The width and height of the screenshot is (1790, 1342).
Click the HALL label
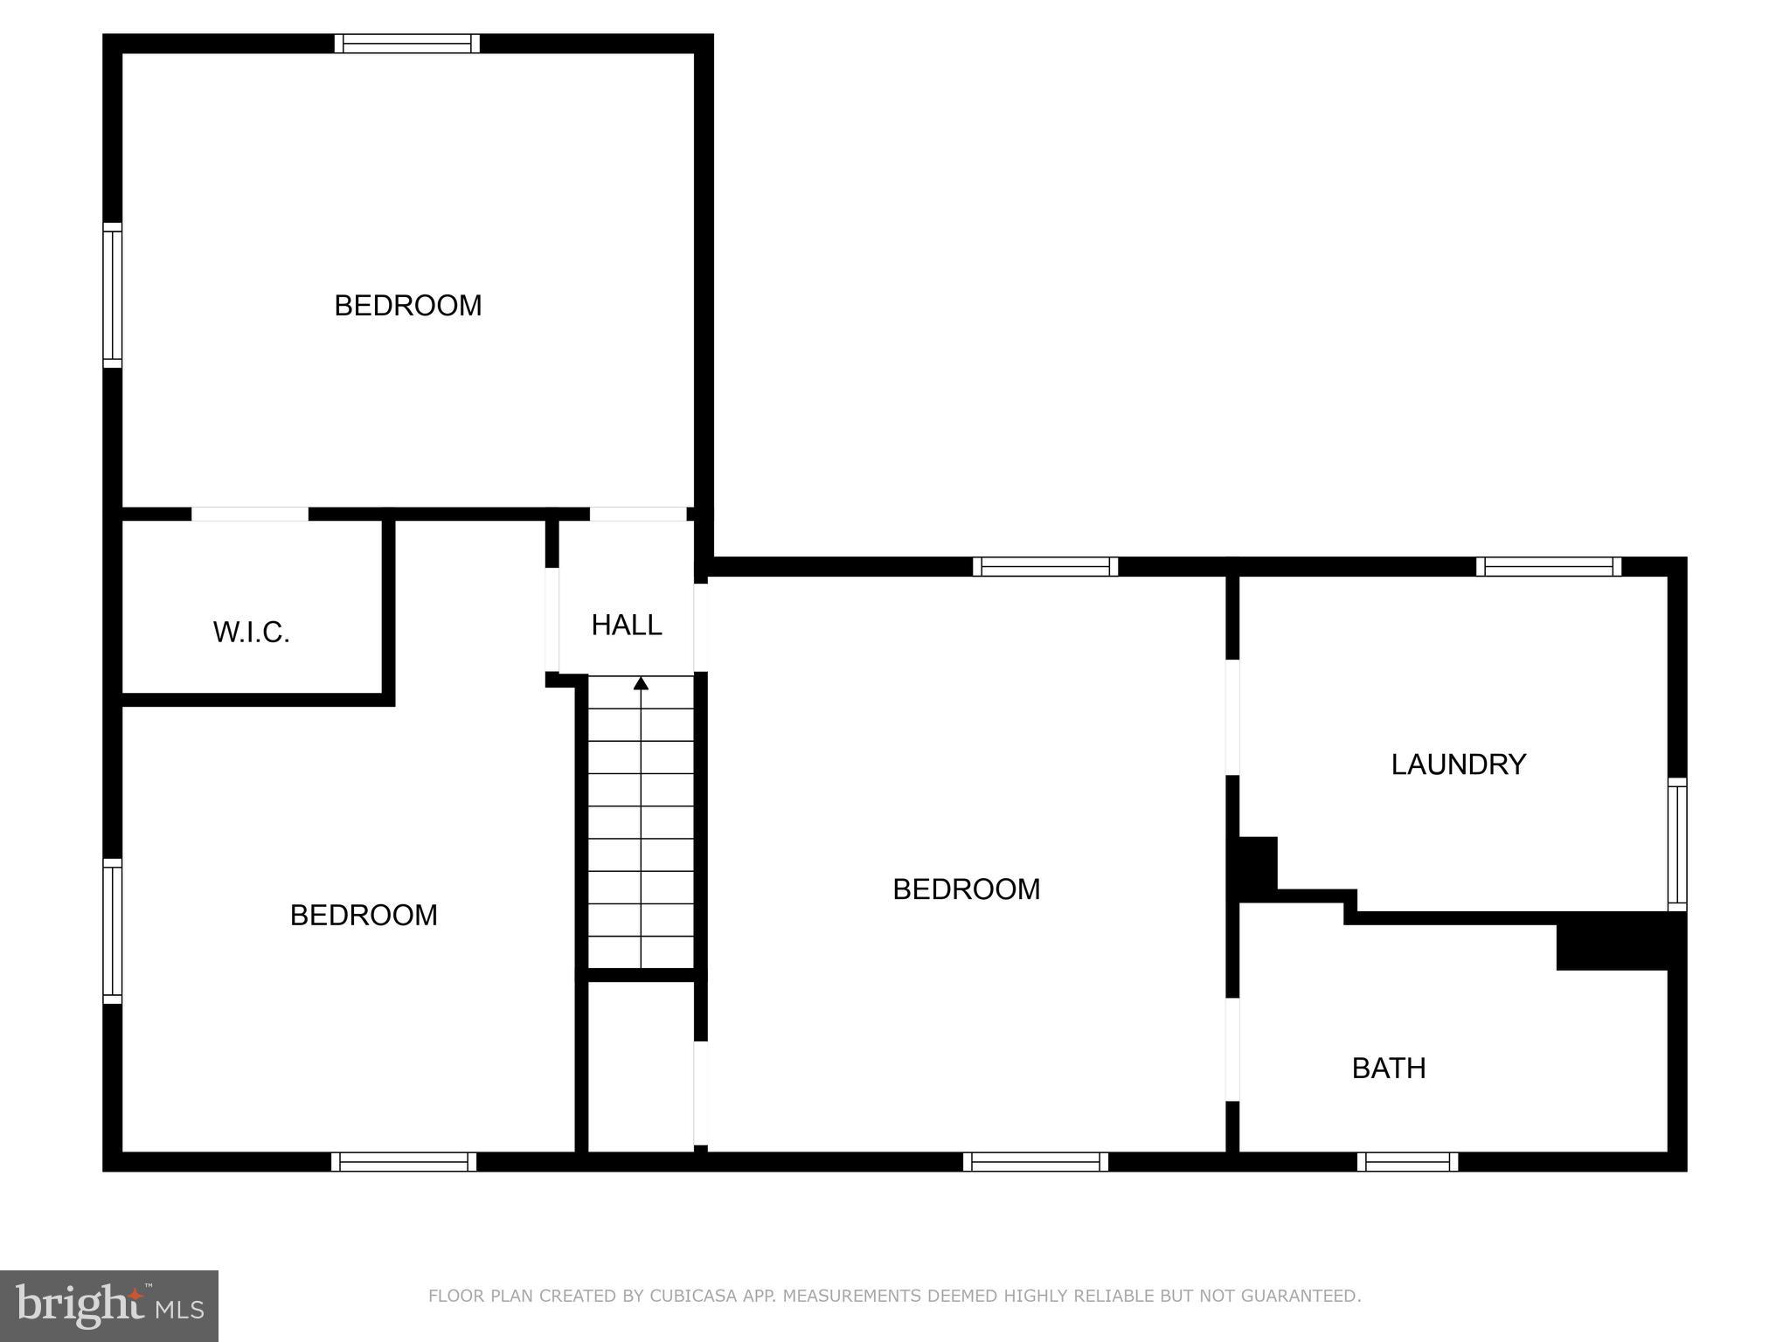(626, 625)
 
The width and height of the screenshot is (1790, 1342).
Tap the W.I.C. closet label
(251, 632)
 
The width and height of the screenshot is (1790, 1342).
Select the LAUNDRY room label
(1458, 764)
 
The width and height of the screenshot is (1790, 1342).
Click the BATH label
(1388, 1068)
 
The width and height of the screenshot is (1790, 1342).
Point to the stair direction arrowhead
(641, 683)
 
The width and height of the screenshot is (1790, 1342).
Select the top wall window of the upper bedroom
(407, 44)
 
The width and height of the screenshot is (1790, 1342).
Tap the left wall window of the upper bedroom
(112, 294)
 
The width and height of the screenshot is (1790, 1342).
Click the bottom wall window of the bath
(1407, 1162)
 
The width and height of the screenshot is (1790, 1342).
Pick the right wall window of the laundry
(1676, 844)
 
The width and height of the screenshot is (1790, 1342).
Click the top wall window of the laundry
(1549, 566)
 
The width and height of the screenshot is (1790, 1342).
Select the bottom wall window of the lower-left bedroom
(404, 1162)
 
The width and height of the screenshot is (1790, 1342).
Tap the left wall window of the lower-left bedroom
(112, 930)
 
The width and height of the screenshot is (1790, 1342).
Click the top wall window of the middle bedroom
(1045, 566)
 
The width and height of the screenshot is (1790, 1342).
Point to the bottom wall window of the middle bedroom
(1036, 1162)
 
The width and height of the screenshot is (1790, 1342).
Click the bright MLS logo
(109, 1305)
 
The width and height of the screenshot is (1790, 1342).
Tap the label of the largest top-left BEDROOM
(407, 305)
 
